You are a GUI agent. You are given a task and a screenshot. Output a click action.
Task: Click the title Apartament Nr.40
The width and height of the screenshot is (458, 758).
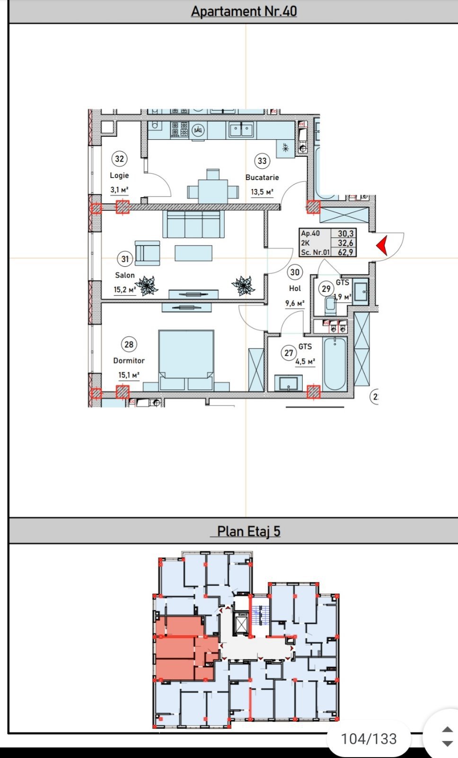click(244, 11)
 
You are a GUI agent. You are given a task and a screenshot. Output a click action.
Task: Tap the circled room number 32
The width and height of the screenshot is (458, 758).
click(119, 159)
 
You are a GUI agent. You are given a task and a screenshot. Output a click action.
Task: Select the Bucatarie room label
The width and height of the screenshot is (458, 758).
click(262, 177)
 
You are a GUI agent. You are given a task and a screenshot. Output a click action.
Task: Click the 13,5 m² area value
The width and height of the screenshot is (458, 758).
click(262, 192)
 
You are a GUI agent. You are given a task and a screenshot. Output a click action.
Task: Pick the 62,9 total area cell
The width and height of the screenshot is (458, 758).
click(345, 252)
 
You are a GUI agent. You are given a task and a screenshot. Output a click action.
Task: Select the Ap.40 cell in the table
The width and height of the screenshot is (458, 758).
click(310, 234)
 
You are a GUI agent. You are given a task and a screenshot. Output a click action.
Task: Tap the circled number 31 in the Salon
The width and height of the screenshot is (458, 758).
click(124, 259)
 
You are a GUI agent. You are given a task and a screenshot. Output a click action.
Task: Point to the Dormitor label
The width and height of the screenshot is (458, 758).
click(129, 361)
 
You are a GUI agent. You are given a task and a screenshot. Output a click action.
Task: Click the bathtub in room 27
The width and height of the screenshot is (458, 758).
click(335, 363)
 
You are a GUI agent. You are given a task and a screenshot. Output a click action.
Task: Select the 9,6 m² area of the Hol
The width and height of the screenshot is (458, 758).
click(294, 303)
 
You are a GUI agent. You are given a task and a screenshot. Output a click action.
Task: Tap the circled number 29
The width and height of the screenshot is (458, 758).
click(326, 289)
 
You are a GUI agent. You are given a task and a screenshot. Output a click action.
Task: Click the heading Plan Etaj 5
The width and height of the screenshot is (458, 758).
click(248, 531)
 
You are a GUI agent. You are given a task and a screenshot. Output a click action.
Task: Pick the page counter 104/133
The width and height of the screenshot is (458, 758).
click(369, 739)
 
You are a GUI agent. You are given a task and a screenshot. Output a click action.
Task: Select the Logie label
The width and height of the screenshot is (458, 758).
click(119, 175)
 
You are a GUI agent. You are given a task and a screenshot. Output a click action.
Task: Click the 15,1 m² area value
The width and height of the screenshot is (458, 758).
click(129, 375)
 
